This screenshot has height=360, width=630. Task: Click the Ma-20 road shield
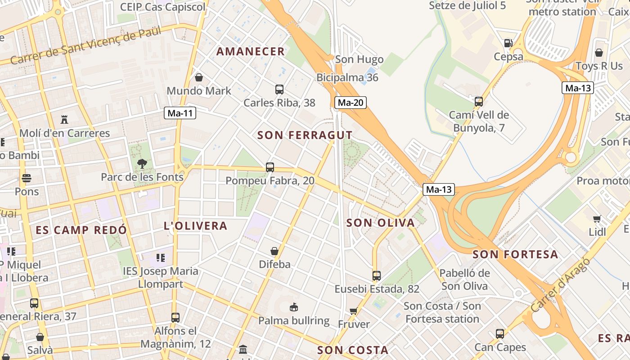[351, 103]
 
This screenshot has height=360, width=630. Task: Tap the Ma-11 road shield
[180, 113]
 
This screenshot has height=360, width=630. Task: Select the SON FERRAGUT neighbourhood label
[305, 135]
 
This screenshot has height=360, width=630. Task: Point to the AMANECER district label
[251, 51]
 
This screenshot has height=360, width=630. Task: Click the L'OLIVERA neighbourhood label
[196, 226]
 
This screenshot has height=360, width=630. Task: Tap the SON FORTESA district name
[515, 254]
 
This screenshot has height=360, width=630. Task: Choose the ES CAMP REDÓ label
[81, 230]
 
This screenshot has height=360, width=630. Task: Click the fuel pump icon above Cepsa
[508, 43]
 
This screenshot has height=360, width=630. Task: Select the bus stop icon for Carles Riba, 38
[279, 89]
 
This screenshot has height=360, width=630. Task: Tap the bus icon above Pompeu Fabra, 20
[270, 167]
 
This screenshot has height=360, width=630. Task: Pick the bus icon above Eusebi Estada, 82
[376, 276]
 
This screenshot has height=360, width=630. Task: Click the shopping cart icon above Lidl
[597, 219]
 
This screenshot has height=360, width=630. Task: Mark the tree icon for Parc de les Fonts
[142, 163]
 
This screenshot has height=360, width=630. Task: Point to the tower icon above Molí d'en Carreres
[64, 120]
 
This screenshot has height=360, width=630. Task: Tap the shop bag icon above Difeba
[274, 251]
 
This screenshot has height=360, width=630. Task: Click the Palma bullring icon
[293, 307]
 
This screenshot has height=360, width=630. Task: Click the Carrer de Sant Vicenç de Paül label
[85, 45]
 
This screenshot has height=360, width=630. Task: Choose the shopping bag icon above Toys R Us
[599, 53]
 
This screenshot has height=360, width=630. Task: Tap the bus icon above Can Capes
[500, 334]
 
